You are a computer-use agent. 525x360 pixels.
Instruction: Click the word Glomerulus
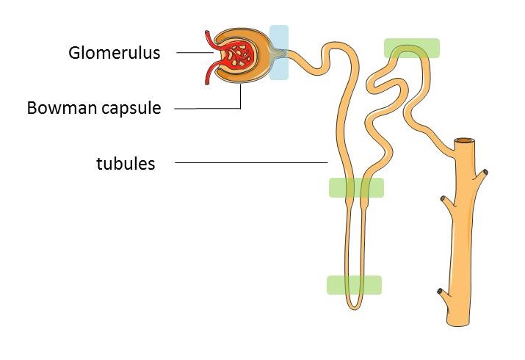[x=114, y=53]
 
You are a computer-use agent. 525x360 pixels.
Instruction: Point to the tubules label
[x=126, y=163]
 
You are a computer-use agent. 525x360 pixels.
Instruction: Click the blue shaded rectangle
[x=279, y=52]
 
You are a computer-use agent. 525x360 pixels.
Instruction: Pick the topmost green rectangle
[x=411, y=48]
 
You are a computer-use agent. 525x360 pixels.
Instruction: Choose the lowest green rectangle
[x=354, y=285]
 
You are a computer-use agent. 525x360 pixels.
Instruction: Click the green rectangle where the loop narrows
[x=356, y=187]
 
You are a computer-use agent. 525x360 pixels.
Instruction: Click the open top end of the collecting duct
[x=464, y=140]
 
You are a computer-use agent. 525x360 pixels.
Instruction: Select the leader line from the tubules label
[x=251, y=163]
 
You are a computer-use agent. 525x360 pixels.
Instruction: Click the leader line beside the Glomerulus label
[x=195, y=53]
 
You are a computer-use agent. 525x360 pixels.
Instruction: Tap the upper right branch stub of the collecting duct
[x=481, y=175]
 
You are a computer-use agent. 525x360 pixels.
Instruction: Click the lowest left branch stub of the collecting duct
[x=444, y=294]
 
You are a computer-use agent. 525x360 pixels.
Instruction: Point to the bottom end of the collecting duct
[x=458, y=323]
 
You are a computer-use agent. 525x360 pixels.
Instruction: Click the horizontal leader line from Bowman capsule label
[x=207, y=109]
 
